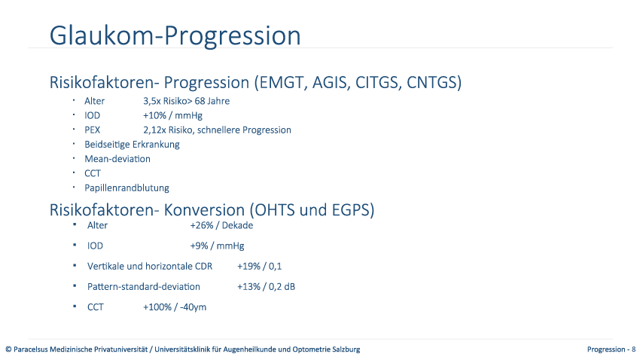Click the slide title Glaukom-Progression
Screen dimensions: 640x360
(175, 35)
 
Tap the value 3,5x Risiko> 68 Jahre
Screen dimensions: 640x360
(186, 101)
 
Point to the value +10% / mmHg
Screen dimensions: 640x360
(172, 115)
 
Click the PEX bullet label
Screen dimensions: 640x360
(93, 130)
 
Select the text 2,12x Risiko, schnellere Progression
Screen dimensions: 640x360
(217, 130)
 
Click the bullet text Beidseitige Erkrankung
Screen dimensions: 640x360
(132, 145)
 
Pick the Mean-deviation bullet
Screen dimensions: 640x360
(117, 159)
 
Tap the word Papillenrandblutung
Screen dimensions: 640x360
(126, 188)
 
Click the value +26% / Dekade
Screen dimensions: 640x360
(221, 225)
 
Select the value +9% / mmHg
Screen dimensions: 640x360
(217, 246)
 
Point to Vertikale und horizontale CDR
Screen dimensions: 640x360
(150, 266)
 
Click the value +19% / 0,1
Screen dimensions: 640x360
(259, 266)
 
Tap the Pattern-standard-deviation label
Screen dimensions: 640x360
(144, 286)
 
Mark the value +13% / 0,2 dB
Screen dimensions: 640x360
(266, 286)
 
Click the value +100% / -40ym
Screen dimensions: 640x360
(175, 307)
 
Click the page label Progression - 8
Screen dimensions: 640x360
(611, 349)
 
